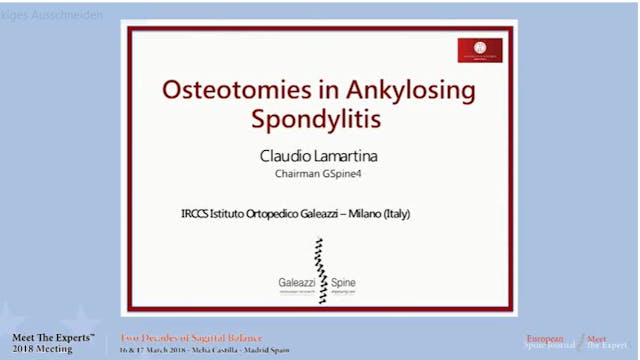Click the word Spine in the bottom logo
point(343,284)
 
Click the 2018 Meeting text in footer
point(43,349)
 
